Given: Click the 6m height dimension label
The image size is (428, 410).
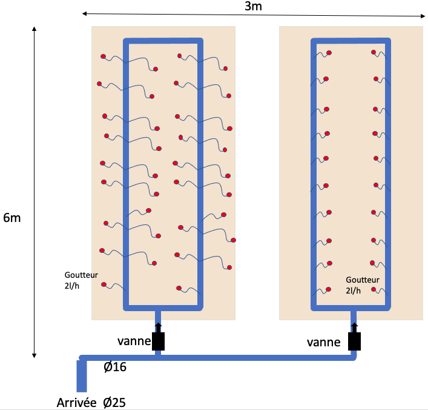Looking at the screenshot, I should [x=12, y=218].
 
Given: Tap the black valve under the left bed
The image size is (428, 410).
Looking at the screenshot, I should [x=159, y=342].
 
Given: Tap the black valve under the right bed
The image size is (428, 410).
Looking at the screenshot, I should [x=355, y=342].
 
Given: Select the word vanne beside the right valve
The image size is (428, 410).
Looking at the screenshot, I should [x=323, y=342].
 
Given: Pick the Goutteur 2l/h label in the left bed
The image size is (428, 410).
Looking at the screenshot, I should [x=81, y=280].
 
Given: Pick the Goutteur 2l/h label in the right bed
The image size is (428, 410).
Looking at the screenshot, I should [x=362, y=285].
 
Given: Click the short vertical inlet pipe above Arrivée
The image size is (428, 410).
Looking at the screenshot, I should [x=82, y=376].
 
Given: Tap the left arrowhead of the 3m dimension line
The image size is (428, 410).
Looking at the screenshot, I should [x=85, y=13].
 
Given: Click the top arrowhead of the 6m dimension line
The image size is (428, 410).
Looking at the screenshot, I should [x=35, y=29].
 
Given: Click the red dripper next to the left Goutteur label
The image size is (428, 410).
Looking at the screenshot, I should [x=104, y=284].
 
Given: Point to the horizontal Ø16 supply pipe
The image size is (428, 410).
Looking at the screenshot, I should [x=242, y=358].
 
